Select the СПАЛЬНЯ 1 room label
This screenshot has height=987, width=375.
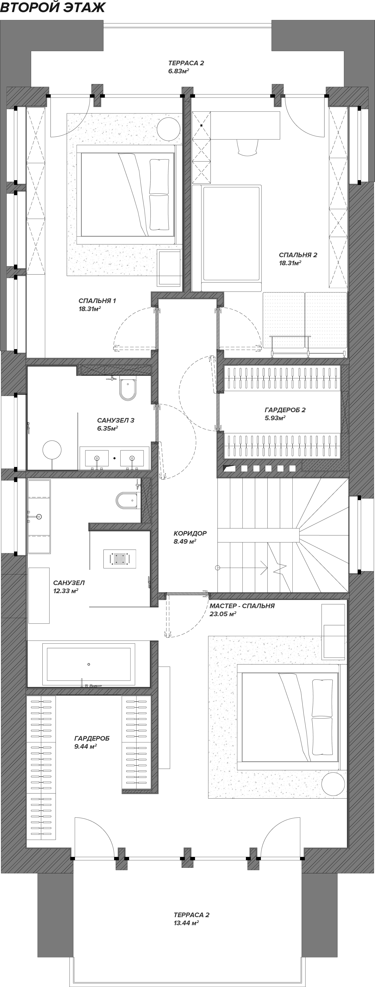[x=97, y=301]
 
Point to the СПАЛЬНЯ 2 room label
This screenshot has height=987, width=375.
[x=298, y=255]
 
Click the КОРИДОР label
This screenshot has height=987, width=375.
[x=190, y=533]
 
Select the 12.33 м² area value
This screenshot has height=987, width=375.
[x=66, y=591]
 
